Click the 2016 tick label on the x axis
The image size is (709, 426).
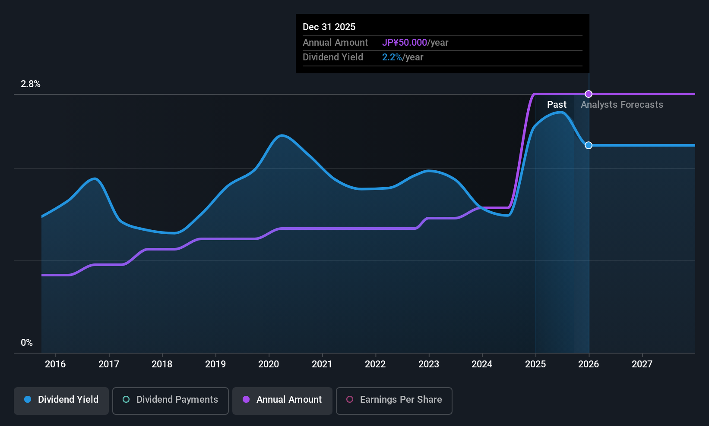(55, 364)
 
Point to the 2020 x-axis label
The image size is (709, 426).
(269, 364)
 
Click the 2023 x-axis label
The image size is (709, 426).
(429, 364)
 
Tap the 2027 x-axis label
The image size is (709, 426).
(642, 364)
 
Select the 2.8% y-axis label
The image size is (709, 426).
(31, 84)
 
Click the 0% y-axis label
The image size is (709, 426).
(27, 343)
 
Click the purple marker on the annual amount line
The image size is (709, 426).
(589, 94)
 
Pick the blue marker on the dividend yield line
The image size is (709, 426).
(589, 145)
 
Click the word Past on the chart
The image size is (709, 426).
(557, 105)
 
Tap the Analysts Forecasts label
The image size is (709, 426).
(622, 105)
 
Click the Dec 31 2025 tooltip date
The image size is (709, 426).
(329, 27)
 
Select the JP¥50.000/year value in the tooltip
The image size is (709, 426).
(415, 43)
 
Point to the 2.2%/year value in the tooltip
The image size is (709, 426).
(402, 57)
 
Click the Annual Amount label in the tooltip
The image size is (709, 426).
(335, 43)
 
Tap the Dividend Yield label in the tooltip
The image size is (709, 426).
(333, 57)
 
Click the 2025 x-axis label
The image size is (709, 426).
(535, 364)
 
